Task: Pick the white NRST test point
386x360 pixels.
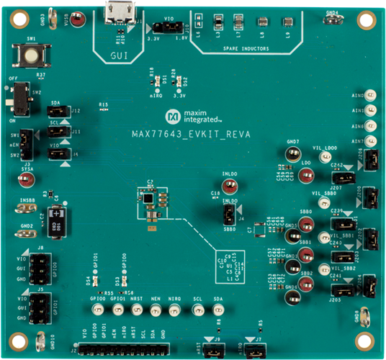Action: [x=135, y=310]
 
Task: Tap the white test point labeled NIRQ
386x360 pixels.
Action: [x=174, y=310]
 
